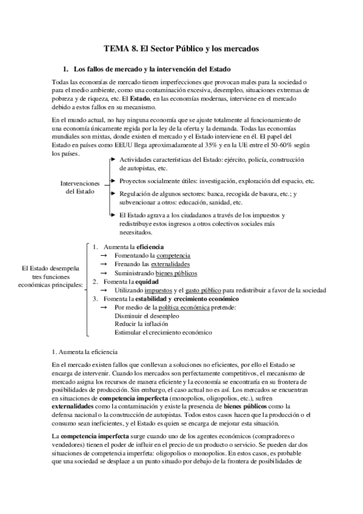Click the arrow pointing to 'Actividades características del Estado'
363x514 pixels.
tap(113, 159)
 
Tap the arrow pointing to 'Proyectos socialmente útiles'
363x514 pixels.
tap(113, 181)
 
